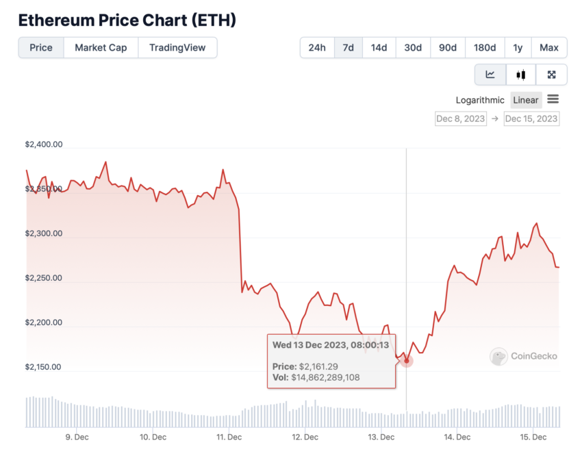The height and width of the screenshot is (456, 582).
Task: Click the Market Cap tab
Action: pyautogui.click(x=101, y=48)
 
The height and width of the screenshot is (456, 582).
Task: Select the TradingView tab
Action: pyautogui.click(x=177, y=48)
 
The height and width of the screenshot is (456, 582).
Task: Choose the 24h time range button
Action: pyautogui.click(x=317, y=48)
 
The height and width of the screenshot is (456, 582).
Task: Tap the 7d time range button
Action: pyautogui.click(x=348, y=48)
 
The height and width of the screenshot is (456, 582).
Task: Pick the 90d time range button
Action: pyautogui.click(x=448, y=48)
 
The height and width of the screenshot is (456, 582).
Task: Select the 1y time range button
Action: pyautogui.click(x=518, y=48)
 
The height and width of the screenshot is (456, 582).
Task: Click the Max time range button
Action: pyautogui.click(x=549, y=48)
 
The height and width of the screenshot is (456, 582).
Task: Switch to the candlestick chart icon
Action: pyautogui.click(x=521, y=75)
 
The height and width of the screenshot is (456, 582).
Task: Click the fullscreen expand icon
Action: pyautogui.click(x=551, y=75)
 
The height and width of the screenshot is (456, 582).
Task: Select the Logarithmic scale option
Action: pyautogui.click(x=480, y=100)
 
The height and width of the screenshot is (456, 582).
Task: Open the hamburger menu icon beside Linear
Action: pyautogui.click(x=553, y=99)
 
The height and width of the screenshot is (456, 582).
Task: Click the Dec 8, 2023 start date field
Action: pyautogui.click(x=460, y=118)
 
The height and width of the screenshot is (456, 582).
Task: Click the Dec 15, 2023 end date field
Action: pyautogui.click(x=531, y=118)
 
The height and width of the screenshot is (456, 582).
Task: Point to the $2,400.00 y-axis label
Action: pyautogui.click(x=44, y=144)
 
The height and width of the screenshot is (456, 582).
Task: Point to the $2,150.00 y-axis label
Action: pyautogui.click(x=44, y=367)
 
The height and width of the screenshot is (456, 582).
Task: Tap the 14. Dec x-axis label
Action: pyautogui.click(x=457, y=437)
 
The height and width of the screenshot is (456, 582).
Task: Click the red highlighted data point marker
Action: pyautogui.click(x=407, y=360)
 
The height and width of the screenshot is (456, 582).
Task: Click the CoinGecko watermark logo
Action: pyautogui.click(x=524, y=356)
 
